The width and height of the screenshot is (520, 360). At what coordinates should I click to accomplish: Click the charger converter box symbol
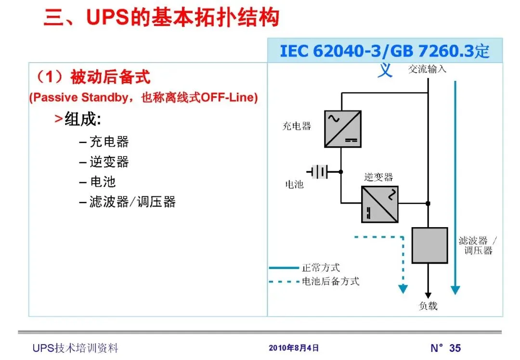click(343, 129)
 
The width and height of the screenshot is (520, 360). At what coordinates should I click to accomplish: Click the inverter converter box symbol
click(380, 204)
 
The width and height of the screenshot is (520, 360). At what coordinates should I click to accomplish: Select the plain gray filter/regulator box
click(429, 245)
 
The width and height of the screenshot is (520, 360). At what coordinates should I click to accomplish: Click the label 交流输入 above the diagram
click(427, 69)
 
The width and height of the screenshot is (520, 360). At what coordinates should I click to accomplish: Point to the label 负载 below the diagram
click(428, 306)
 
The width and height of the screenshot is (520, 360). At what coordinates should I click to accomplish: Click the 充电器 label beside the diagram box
click(297, 127)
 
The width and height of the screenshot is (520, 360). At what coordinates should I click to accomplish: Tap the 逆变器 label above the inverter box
click(378, 177)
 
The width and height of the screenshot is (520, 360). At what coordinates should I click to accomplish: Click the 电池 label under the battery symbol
click(295, 184)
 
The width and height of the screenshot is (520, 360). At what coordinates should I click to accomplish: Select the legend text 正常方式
click(321, 268)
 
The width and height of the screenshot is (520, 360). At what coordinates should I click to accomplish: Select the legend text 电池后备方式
click(331, 282)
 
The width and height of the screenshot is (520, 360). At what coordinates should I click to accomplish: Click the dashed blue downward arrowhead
click(403, 289)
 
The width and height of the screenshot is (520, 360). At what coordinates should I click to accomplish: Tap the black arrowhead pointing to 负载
click(428, 295)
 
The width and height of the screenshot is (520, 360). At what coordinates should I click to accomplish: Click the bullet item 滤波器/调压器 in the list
click(132, 202)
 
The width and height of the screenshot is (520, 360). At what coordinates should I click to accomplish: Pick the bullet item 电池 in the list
click(103, 182)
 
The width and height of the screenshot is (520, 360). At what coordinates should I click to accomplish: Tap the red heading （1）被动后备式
click(91, 77)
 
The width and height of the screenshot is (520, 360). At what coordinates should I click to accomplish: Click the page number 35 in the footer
click(455, 348)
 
